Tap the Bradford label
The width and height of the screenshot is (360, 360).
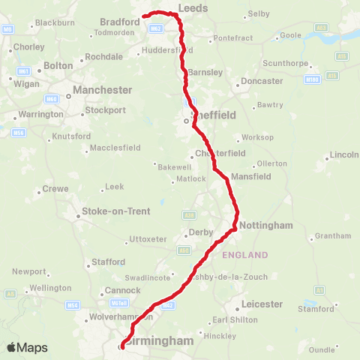pyautogui.click(x=120, y=22)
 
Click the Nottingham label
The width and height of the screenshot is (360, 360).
pyautogui.click(x=266, y=225)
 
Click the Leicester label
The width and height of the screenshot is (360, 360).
pyautogui.click(x=262, y=304)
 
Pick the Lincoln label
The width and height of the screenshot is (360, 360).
pyautogui.click(x=345, y=155)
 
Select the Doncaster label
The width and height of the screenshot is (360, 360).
pyautogui.click(x=262, y=80)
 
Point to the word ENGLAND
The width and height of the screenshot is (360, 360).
pyautogui.click(x=244, y=256)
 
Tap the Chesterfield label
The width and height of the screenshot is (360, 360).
pyautogui.click(x=220, y=153)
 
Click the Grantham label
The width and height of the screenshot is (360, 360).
pyautogui.click(x=333, y=235)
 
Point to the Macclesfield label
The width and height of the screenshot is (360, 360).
pyautogui.click(x=115, y=148)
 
